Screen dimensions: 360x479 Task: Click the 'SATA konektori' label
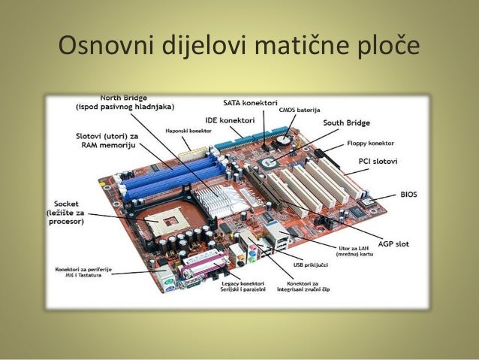click(251, 101)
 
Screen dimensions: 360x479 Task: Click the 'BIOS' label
click(408, 194)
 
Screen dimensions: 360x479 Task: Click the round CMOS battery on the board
click(283, 139)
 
